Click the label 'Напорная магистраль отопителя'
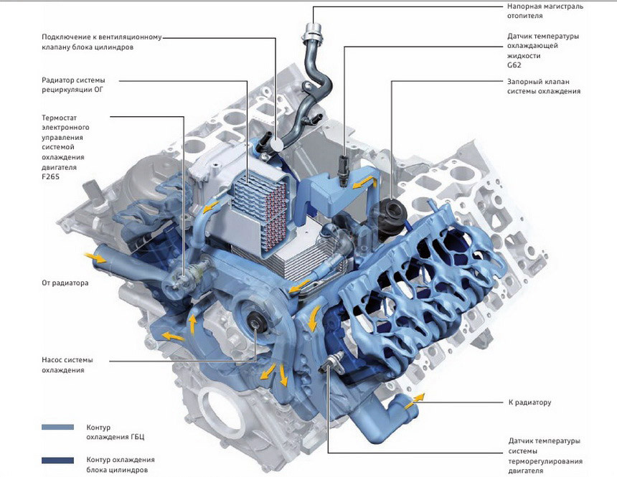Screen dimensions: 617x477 pyautogui.click(x=545, y=11)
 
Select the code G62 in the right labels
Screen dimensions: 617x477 pyautogui.click(x=514, y=65)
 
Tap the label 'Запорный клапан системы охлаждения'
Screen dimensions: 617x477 pyautogui.click(x=543, y=86)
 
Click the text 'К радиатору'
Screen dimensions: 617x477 pyautogui.click(x=529, y=402)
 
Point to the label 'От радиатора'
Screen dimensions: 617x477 pyautogui.click(x=65, y=283)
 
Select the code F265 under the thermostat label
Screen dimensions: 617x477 pyautogui.click(x=50, y=176)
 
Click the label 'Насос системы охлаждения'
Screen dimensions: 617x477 pyautogui.click(x=67, y=365)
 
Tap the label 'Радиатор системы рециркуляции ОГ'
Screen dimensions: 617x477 pyautogui.click(x=74, y=85)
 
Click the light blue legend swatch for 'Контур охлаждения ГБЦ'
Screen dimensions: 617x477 pyautogui.click(x=57, y=427)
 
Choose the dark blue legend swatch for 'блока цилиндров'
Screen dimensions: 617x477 pyautogui.click(x=57, y=461)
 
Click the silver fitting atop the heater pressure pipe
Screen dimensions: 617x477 pyautogui.click(x=313, y=32)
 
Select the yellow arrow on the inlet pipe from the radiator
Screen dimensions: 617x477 pyautogui.click(x=95, y=258)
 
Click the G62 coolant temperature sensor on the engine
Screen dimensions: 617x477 pyautogui.click(x=344, y=169)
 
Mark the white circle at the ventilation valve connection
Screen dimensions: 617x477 pyautogui.click(x=277, y=146)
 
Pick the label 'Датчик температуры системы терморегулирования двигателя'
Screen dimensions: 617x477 pyautogui.click(x=545, y=455)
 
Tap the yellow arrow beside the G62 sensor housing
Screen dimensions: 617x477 pyautogui.click(x=362, y=181)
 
